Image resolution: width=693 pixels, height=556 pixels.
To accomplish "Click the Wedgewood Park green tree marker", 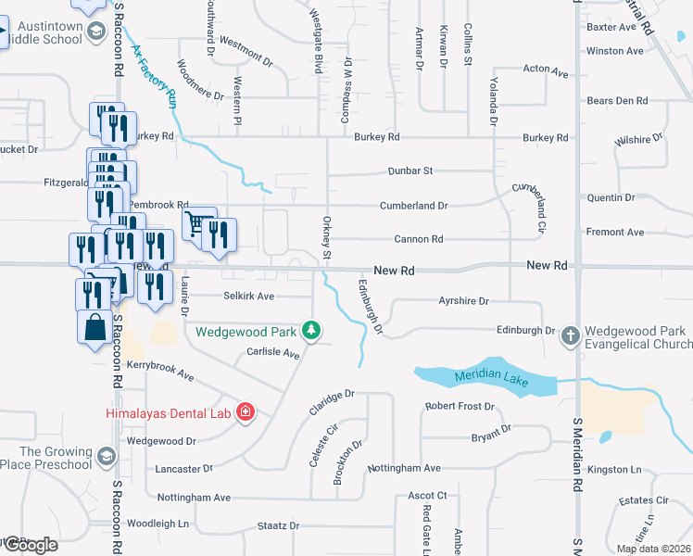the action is point(313,330).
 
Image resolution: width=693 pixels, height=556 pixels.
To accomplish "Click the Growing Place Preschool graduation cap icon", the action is point(106,458).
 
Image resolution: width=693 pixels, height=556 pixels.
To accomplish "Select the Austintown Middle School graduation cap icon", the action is point(95,33).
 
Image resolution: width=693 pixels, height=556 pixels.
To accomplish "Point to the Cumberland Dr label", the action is point(413,206).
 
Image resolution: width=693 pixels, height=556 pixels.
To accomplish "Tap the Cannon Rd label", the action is point(418,239).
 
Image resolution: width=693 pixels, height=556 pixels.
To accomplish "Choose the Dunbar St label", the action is point(409,171).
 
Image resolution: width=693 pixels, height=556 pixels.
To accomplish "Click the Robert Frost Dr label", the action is point(460,407).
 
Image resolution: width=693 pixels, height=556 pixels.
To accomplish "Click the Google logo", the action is point(30,545).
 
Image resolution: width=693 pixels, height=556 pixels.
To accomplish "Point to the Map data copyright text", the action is point(654,549).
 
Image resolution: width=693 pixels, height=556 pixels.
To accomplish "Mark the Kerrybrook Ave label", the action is point(159,372).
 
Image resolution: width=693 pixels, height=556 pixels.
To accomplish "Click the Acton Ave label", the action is point(545,69).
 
